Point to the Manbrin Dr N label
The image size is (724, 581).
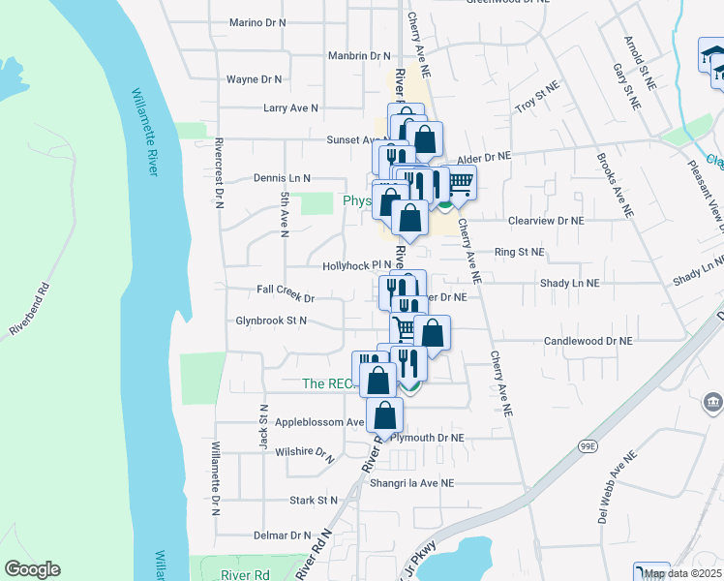click(358, 57)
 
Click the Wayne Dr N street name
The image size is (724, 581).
click(254, 79)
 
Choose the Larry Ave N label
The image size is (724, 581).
click(290, 108)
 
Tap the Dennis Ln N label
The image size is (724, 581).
click(282, 178)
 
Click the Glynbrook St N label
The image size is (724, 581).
click(271, 321)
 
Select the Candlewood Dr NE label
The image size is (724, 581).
click(588, 342)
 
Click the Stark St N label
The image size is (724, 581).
click(314, 501)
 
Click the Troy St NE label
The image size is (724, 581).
click(538, 100)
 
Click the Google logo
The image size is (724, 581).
click(32, 569)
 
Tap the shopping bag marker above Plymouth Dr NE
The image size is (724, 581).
click(385, 416)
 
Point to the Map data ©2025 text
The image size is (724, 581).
click(682, 573)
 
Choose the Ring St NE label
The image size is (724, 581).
click(520, 252)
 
